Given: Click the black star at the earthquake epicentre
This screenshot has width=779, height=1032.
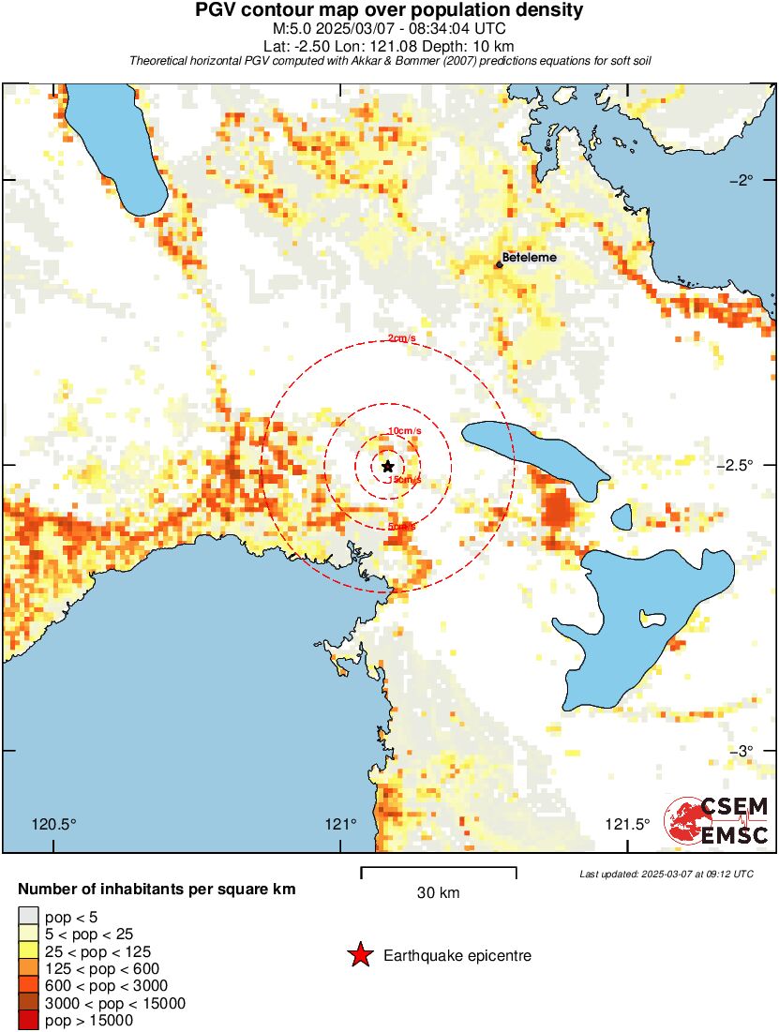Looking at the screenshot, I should [388, 466].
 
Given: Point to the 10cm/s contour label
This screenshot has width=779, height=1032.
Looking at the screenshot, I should [404, 430].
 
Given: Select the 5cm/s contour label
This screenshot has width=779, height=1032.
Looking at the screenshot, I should [401, 527].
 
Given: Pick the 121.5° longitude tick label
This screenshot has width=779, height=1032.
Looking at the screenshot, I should [626, 825].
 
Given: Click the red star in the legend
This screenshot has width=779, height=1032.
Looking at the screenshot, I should [359, 956].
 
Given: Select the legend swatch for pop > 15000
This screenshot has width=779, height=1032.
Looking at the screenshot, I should [28, 1021].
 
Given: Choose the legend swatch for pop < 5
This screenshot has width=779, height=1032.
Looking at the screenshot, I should [28, 917].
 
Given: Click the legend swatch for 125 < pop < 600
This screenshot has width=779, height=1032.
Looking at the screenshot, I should [28, 968].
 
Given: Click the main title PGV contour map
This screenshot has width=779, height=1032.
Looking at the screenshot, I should [389, 11].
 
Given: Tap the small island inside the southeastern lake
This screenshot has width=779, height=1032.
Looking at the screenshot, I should [646, 617].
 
